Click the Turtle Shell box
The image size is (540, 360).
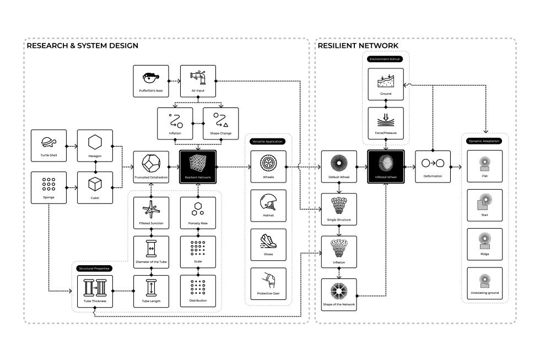pos(48,146)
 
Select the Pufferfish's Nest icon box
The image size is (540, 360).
pos(150,81)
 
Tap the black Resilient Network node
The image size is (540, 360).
pos(198,166)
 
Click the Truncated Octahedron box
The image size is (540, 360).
pos(151,166)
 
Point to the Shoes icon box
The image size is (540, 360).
pos(268,244)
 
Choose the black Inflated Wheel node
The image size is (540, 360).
pos(386,166)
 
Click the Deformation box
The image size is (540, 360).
pos(433,166)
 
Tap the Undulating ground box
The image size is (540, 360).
pos(485,284)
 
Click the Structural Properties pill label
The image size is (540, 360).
pos(94,268)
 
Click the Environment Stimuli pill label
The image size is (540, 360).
pos(385,58)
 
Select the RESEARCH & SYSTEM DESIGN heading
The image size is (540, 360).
pos(82,46)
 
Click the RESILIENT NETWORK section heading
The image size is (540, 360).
pos(358,46)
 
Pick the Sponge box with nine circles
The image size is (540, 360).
pos(48,187)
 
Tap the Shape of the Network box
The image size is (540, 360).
pos(339,294)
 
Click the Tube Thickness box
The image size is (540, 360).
pos(95,291)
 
